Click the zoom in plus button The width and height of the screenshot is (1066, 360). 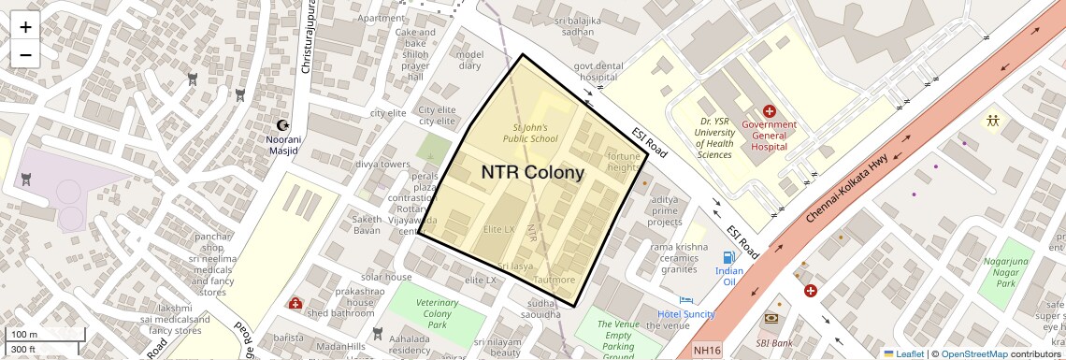[25, 27]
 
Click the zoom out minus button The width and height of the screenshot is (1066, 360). [25, 54]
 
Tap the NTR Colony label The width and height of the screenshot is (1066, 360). [532, 172]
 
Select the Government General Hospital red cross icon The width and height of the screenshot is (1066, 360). [769, 112]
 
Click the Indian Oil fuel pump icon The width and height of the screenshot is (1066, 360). [728, 257]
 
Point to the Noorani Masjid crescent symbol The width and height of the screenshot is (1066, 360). [283, 125]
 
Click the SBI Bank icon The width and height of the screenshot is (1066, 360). [771, 319]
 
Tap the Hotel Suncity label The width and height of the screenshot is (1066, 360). [685, 314]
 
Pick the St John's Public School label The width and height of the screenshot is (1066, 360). [531, 133]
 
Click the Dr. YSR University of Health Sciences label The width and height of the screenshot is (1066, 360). [714, 137]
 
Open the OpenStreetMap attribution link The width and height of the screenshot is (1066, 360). [973, 353]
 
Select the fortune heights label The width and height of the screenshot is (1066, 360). [624, 162]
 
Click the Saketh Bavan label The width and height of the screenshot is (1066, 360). [367, 224]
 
